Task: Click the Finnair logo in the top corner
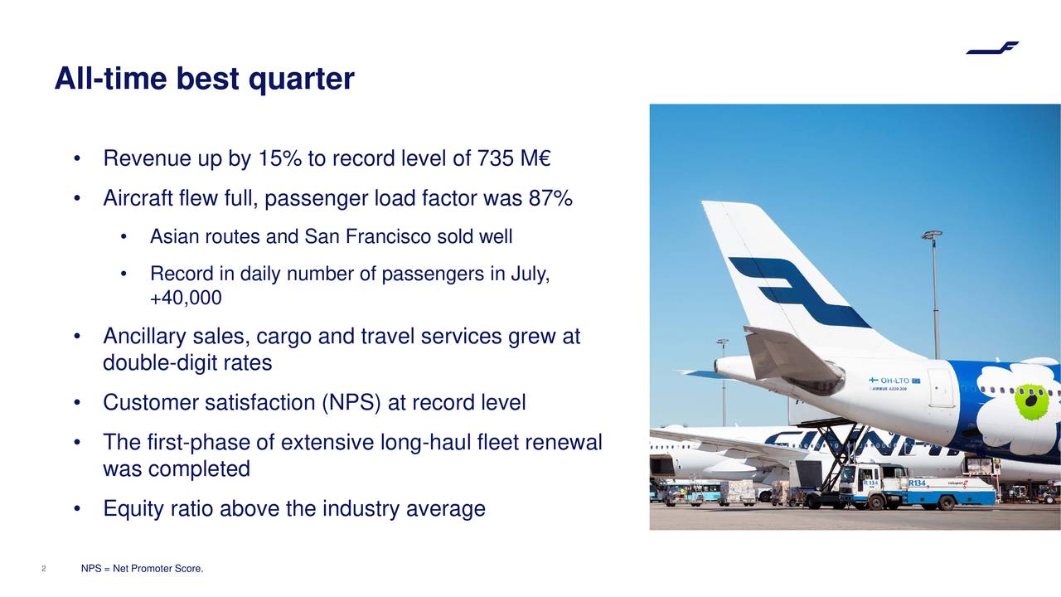[x=992, y=48]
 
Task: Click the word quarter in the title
[x=301, y=79]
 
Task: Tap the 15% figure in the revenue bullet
[x=279, y=158]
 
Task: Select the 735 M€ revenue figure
[x=514, y=158]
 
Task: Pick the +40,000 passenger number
[x=186, y=298]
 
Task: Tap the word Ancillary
[x=144, y=337]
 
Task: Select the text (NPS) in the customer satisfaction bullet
[x=351, y=403]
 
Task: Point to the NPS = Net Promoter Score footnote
[x=142, y=569]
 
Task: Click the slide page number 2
[x=44, y=569]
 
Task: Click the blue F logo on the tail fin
[x=801, y=293]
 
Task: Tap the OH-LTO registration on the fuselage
[x=894, y=381]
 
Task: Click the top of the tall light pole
[x=932, y=235]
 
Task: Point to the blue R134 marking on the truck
[x=917, y=483]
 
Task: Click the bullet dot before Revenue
[x=77, y=158]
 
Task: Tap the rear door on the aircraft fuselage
[x=940, y=387]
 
